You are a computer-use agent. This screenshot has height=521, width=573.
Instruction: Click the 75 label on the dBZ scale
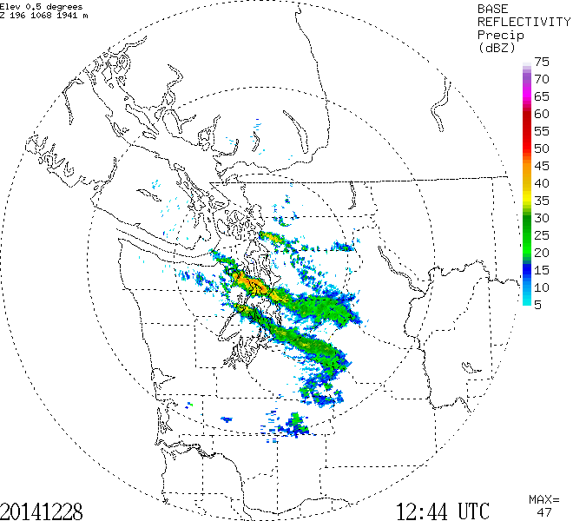(542, 62)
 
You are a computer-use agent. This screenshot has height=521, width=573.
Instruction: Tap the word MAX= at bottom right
(543, 499)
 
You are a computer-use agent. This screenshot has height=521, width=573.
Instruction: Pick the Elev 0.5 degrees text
(43, 6)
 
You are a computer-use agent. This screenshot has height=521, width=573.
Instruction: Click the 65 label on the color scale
(542, 96)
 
